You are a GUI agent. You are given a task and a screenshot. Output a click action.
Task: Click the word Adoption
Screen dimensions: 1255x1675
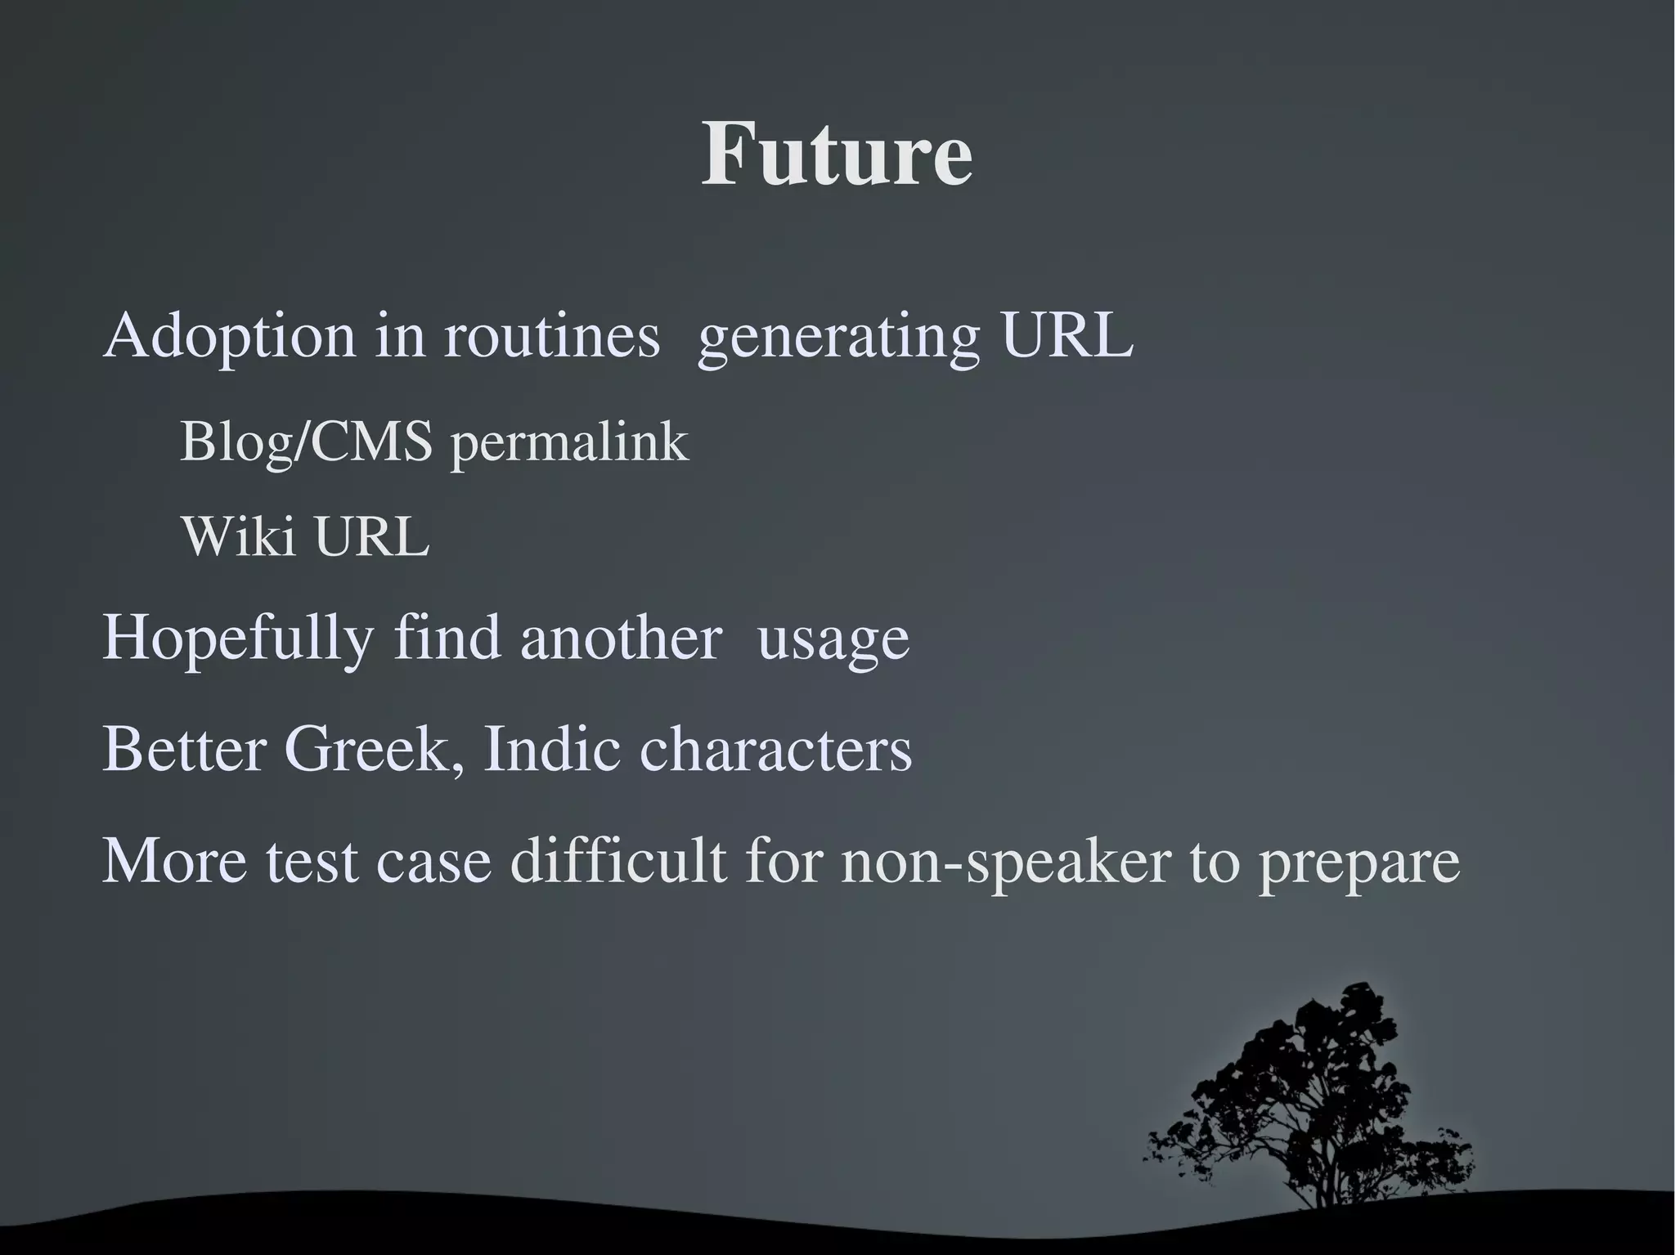[230, 336]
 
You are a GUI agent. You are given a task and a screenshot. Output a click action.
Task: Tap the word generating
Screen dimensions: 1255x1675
[838, 338]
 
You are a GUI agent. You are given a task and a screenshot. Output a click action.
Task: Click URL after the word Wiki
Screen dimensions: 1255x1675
[372, 537]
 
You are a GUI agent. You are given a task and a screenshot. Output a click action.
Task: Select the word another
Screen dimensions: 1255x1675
[621, 638]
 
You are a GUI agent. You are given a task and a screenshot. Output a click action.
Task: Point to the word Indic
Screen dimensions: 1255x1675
[551, 749]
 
